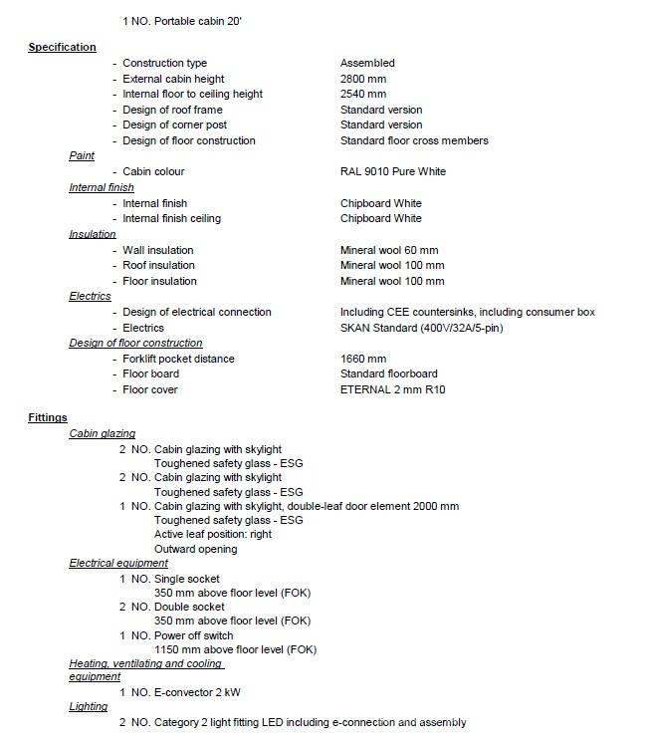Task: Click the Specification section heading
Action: pos(62,47)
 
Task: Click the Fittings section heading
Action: pos(48,418)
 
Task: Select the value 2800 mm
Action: pos(363,79)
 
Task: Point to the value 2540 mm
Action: pos(363,94)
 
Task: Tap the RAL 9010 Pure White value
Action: pos(393,171)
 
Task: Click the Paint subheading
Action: pos(82,156)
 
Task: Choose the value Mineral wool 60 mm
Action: pos(389,250)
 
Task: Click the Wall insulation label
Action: pos(158,250)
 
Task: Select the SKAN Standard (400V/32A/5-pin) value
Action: pos(422,328)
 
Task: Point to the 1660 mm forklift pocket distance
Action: pos(363,359)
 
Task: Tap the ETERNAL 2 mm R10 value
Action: pos(392,389)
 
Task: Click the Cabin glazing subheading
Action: pos(102,433)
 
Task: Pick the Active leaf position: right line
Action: pos(213,534)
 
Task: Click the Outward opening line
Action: pos(196,549)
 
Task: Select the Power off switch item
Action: pos(193,635)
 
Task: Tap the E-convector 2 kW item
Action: pos(198,691)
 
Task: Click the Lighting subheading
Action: pos(88,706)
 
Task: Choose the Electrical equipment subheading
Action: pos(118,563)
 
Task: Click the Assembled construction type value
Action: pos(367,63)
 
